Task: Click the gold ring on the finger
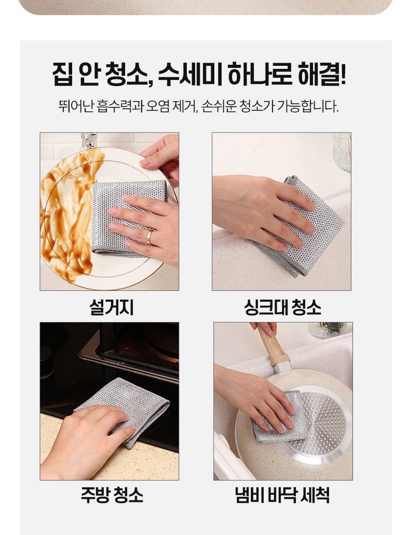[150, 237]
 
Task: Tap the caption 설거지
[112, 307]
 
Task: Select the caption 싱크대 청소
[283, 307]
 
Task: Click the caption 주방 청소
[112, 495]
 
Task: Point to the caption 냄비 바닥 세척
[282, 495]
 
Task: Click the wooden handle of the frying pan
[273, 345]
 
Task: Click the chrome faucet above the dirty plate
[89, 140]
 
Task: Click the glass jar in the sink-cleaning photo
[342, 151]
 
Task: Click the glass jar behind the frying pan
[327, 330]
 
